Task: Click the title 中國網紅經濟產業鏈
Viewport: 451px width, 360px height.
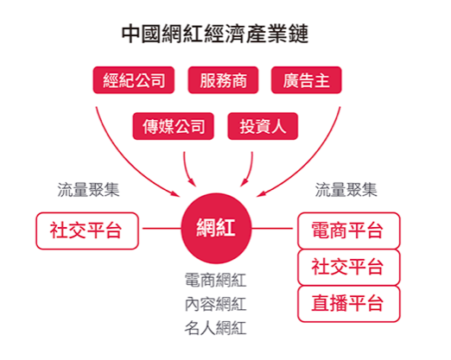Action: click(x=215, y=34)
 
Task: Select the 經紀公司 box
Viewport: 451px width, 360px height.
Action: click(x=134, y=80)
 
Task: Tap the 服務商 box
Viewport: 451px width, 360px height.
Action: click(x=223, y=80)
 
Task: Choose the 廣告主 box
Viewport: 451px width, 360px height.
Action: click(x=306, y=80)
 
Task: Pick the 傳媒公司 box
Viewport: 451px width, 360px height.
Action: click(x=173, y=126)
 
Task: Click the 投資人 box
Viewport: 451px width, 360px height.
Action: click(x=263, y=126)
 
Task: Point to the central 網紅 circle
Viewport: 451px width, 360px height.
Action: click(x=216, y=228)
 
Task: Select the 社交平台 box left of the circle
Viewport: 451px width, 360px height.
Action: click(x=87, y=231)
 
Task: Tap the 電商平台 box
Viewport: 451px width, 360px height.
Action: click(x=349, y=231)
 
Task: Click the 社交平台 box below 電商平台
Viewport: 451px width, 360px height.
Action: click(x=349, y=268)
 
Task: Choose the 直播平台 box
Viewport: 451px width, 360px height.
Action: click(x=349, y=304)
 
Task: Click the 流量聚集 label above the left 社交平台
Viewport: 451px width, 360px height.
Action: click(x=88, y=190)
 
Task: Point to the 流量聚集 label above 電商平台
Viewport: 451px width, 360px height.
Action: click(x=346, y=190)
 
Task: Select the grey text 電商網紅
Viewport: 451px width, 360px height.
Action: click(x=215, y=280)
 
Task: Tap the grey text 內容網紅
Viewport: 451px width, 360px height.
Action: click(x=215, y=304)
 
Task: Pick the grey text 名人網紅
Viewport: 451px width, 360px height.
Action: click(x=215, y=328)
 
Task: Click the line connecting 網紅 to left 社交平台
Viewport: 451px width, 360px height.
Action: click(x=162, y=229)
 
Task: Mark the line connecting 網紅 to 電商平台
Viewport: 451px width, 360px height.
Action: click(x=272, y=229)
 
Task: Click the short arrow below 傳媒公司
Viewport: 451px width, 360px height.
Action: click(x=187, y=170)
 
